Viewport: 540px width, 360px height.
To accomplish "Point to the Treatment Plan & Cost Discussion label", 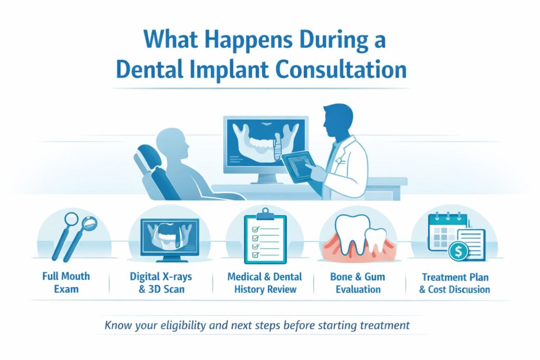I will pos(455,283).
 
